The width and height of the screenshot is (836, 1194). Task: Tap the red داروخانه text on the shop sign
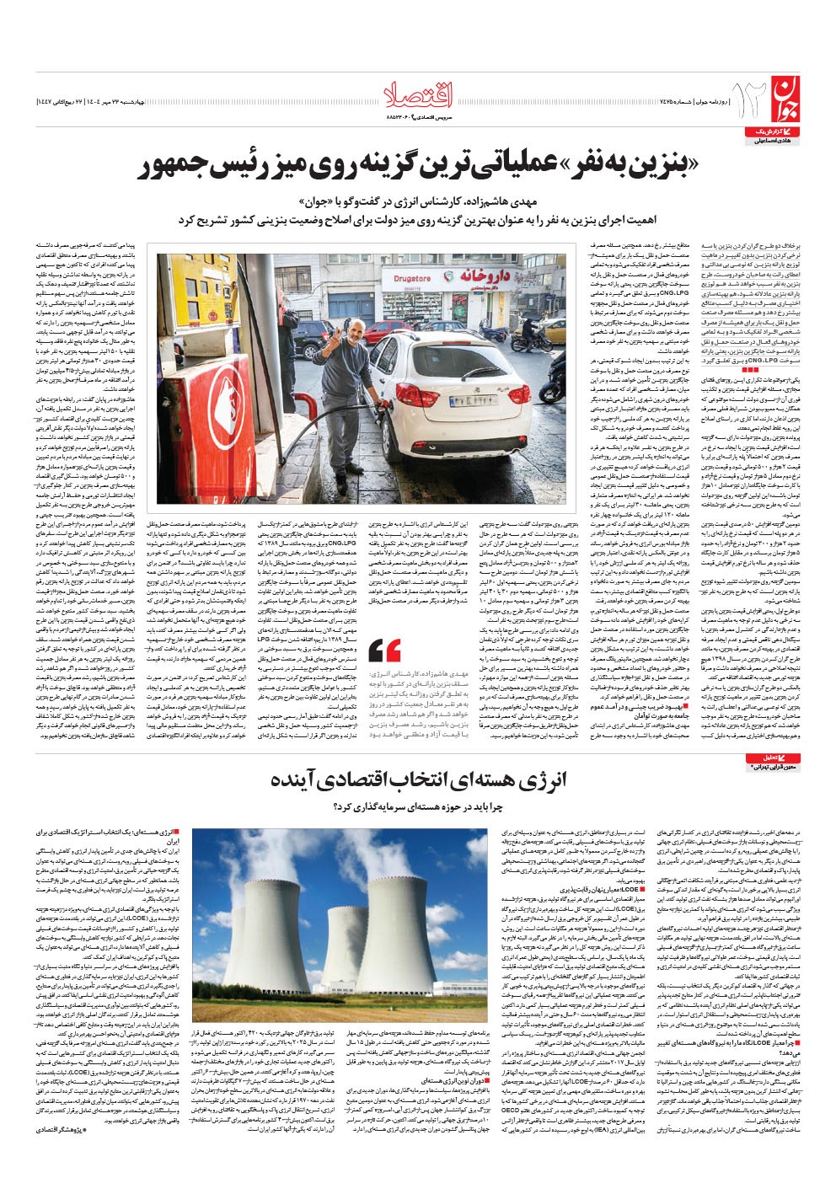coord(483,276)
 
